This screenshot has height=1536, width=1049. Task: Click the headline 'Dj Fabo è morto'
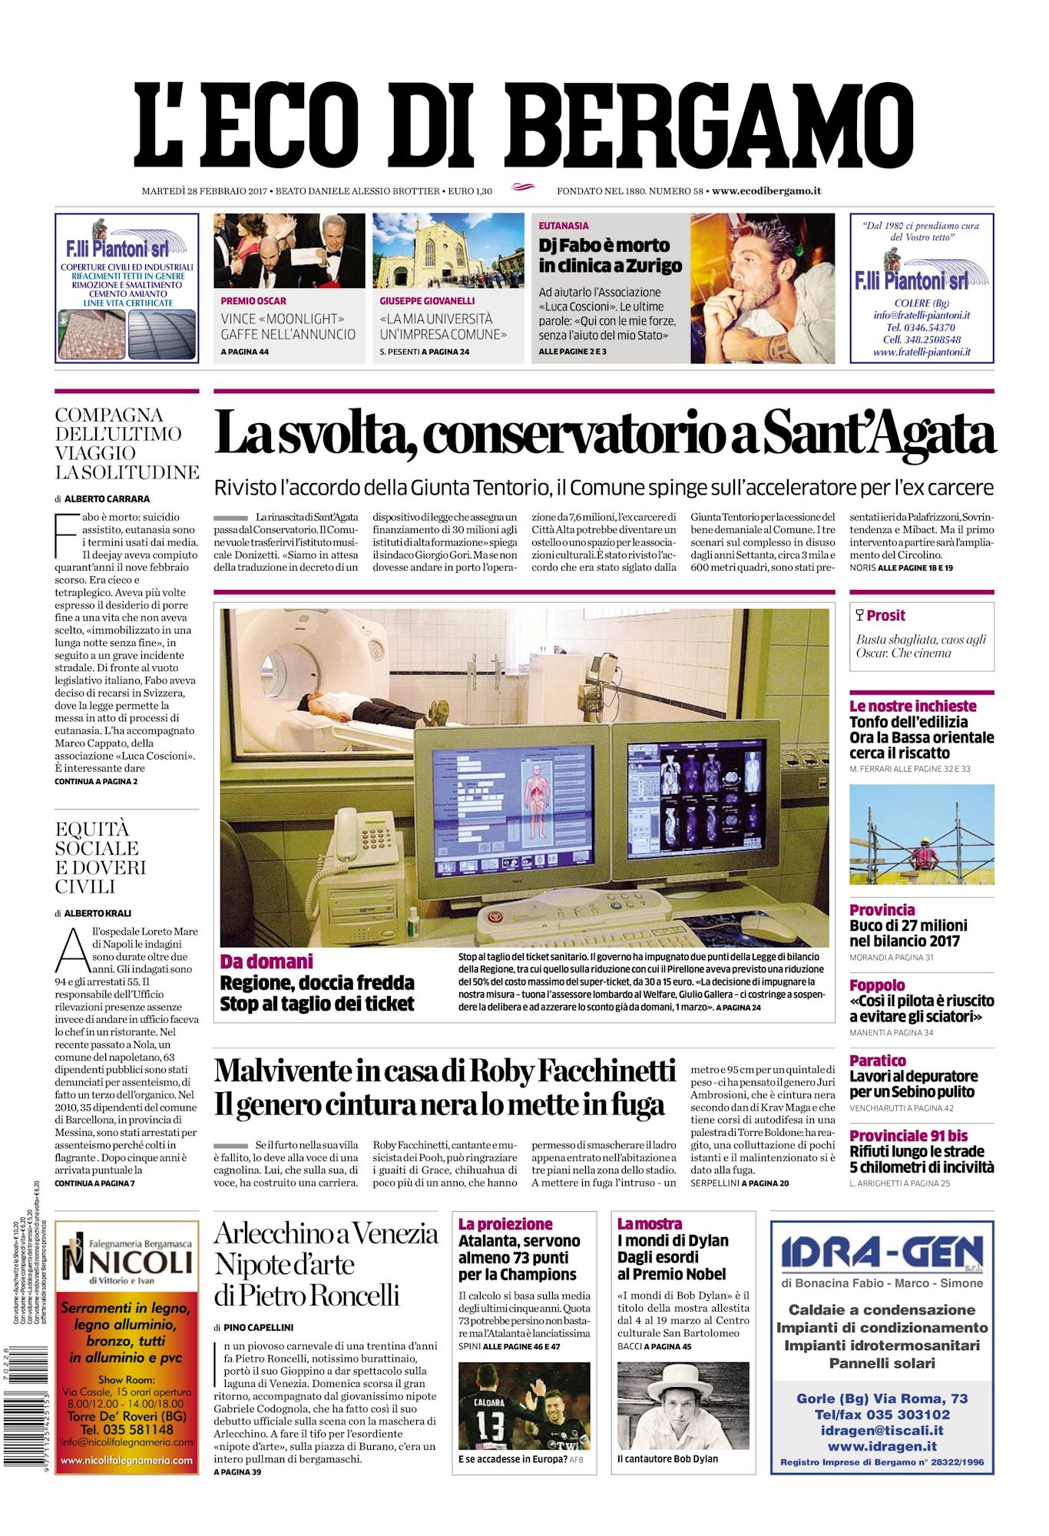[x=604, y=246]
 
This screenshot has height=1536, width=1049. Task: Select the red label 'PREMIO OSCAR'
[x=253, y=301]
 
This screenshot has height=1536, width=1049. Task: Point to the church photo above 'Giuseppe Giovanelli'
[x=448, y=250]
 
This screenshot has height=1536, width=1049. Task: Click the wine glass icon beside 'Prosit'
[x=859, y=615]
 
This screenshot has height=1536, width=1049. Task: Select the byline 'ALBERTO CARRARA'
[x=107, y=498]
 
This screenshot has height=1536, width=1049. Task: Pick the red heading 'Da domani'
[x=266, y=962]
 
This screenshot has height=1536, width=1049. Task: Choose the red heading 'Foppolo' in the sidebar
[x=877, y=985]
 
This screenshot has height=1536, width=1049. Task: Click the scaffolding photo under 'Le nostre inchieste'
[x=922, y=835]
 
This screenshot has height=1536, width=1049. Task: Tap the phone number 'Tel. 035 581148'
[x=127, y=1429]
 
